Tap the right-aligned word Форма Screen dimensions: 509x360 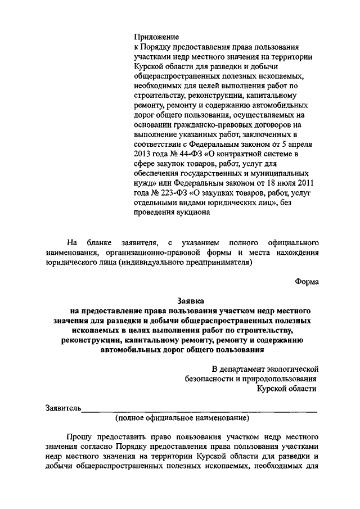pos(307,282)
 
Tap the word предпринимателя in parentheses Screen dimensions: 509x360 pos(217,262)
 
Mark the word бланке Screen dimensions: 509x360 pos(102,242)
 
